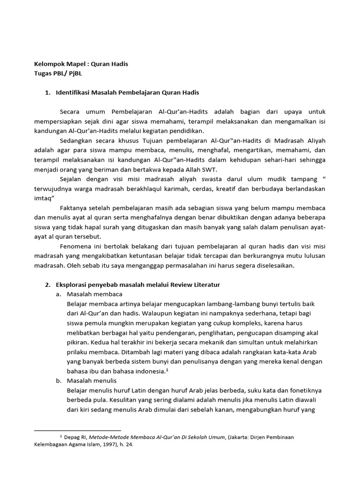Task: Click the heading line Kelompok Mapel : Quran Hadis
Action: pos(81,64)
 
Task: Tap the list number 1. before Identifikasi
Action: pos(47,92)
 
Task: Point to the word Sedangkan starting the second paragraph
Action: pos(76,141)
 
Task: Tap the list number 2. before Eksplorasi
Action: pos(47,285)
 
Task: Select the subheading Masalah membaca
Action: pos(95,294)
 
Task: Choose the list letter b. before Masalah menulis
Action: pos(59,381)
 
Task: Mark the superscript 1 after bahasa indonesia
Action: pos(166,369)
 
